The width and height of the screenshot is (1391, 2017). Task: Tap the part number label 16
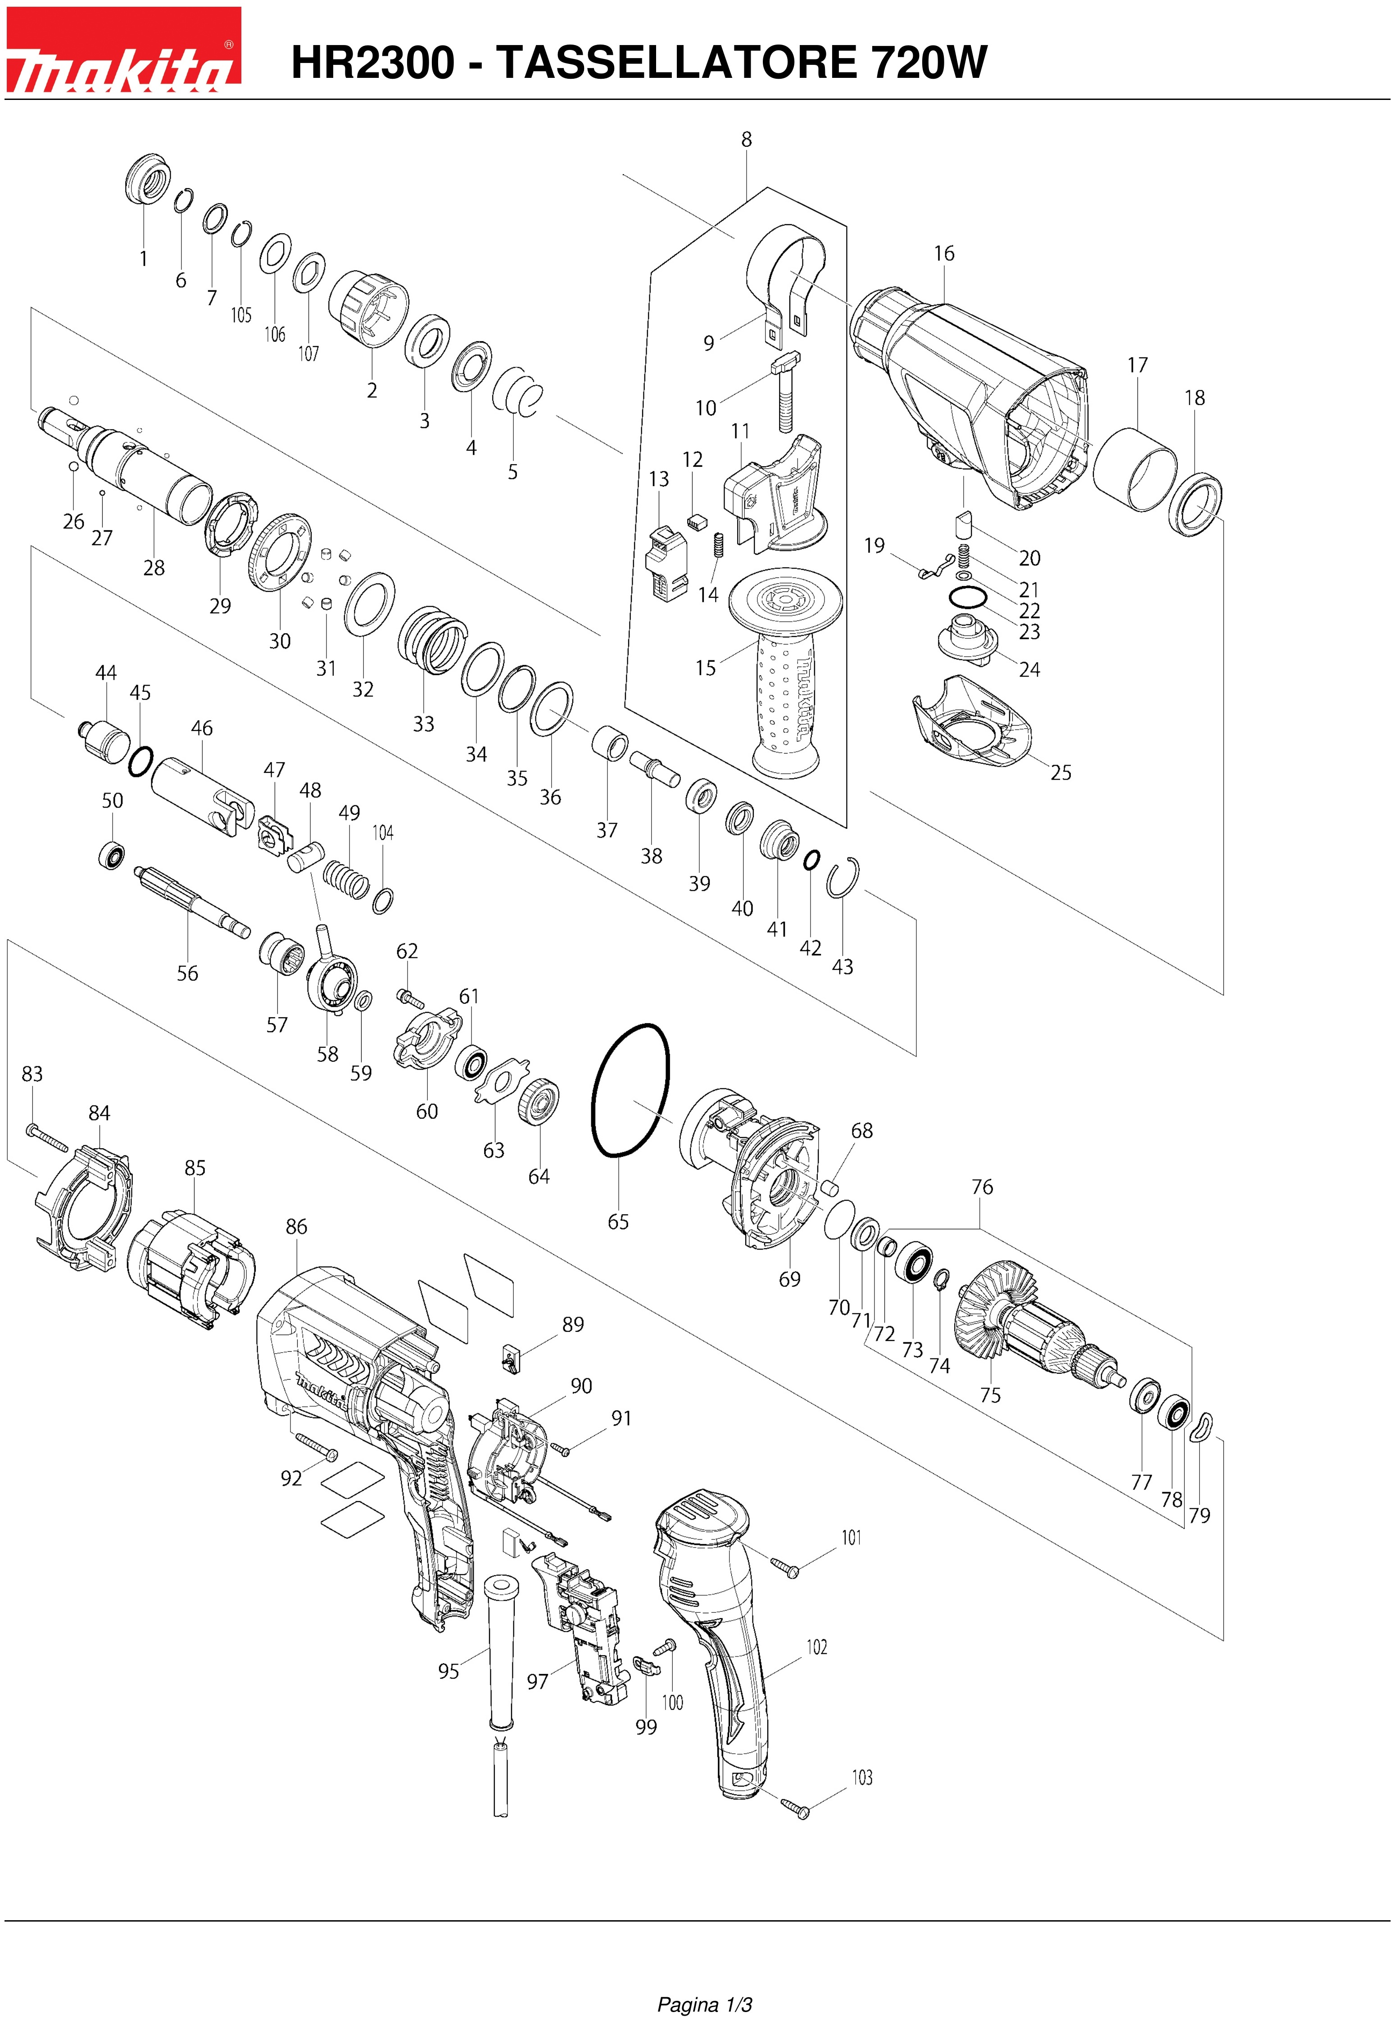point(944,253)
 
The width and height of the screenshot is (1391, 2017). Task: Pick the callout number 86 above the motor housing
point(296,1227)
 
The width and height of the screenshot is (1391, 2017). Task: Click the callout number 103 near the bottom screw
point(862,1778)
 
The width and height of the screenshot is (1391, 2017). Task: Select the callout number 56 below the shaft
point(187,973)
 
